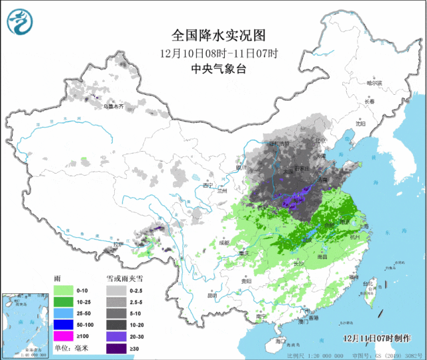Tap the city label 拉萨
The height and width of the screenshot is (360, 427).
118,244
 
